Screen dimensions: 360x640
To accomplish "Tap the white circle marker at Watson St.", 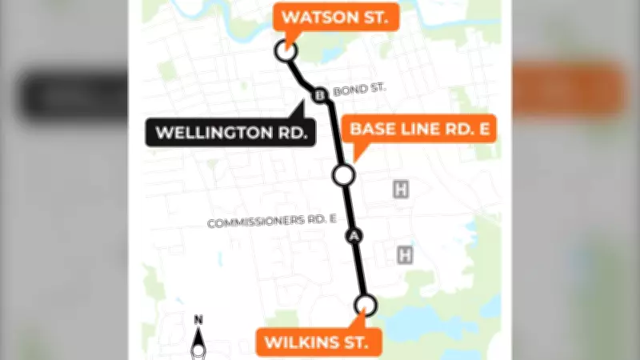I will tap(286, 51).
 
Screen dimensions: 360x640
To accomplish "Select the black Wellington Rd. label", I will tap(230, 132).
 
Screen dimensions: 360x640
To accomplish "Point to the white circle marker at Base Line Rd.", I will tap(343, 174).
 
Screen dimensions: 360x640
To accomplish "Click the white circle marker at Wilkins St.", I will tap(366, 304).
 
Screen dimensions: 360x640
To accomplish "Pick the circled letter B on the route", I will tap(319, 96).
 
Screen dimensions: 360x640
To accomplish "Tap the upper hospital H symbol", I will tap(400, 189).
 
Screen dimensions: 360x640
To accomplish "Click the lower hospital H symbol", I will tap(405, 255).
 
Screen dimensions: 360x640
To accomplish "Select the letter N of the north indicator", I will tap(198, 321).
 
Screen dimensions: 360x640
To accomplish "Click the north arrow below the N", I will tap(198, 344).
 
